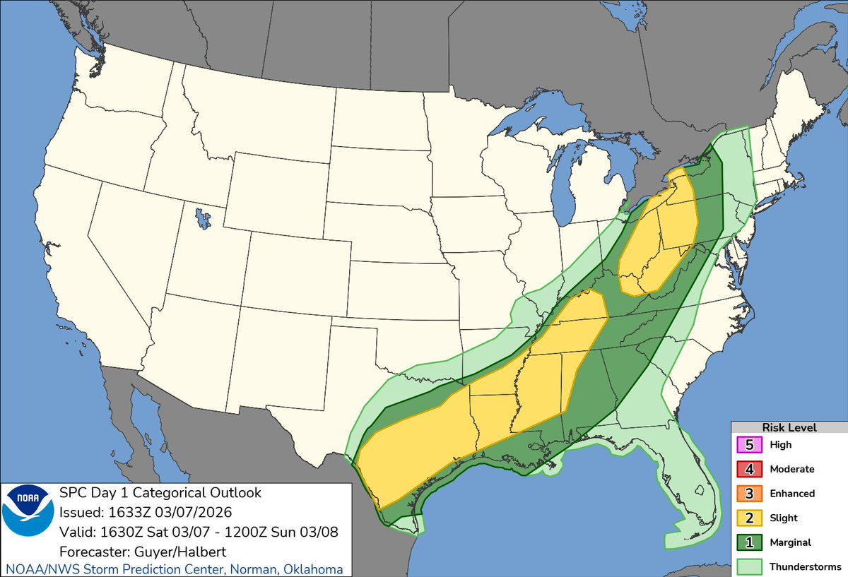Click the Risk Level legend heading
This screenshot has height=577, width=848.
point(789,427)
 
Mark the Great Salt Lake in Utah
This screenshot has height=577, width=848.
point(204,217)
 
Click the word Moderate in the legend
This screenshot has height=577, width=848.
point(791,469)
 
